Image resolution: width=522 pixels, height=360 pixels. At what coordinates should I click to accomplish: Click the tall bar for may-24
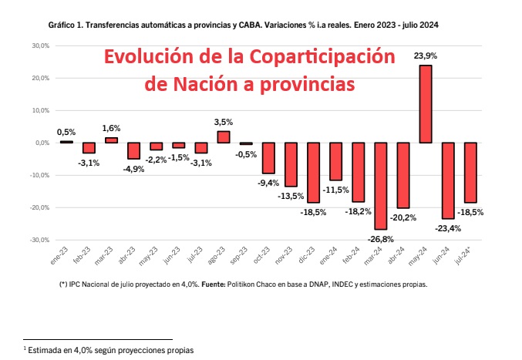click(425, 104)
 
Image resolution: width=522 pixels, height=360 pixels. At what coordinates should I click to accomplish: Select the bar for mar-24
click(380, 186)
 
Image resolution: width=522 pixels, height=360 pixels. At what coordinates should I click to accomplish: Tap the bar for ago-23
click(224, 136)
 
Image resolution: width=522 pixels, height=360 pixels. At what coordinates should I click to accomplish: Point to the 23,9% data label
click(425, 56)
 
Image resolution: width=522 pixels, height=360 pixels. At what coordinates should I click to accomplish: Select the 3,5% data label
click(224, 122)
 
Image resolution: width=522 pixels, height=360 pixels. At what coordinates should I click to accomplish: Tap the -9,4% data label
click(268, 183)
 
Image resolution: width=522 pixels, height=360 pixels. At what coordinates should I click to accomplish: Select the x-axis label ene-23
click(58, 257)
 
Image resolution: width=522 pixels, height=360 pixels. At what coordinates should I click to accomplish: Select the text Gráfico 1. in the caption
click(66, 25)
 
